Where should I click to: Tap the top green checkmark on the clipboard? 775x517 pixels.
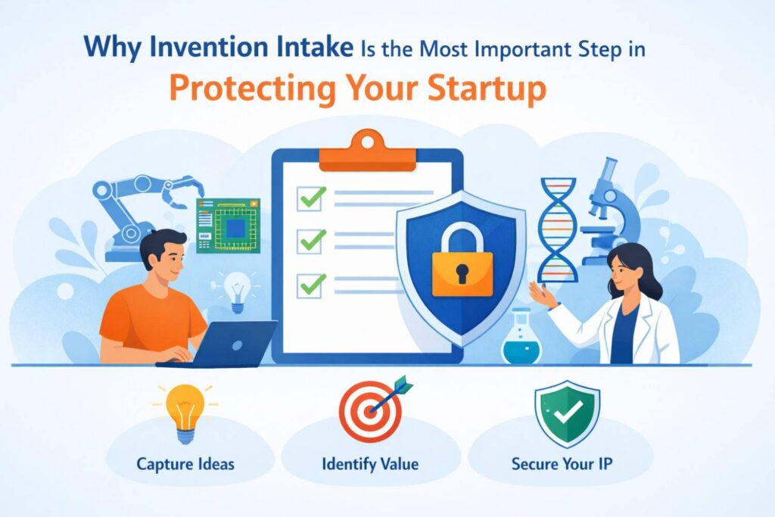(x=310, y=199)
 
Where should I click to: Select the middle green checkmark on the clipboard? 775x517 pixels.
(x=310, y=241)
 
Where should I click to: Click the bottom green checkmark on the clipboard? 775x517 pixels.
(x=310, y=285)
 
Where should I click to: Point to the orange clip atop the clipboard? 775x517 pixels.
(x=367, y=151)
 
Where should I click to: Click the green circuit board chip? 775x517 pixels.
(x=228, y=225)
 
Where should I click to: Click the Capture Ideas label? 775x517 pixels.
(x=185, y=463)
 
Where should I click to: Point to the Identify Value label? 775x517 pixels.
(x=371, y=463)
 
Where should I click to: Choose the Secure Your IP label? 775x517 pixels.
(x=562, y=463)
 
